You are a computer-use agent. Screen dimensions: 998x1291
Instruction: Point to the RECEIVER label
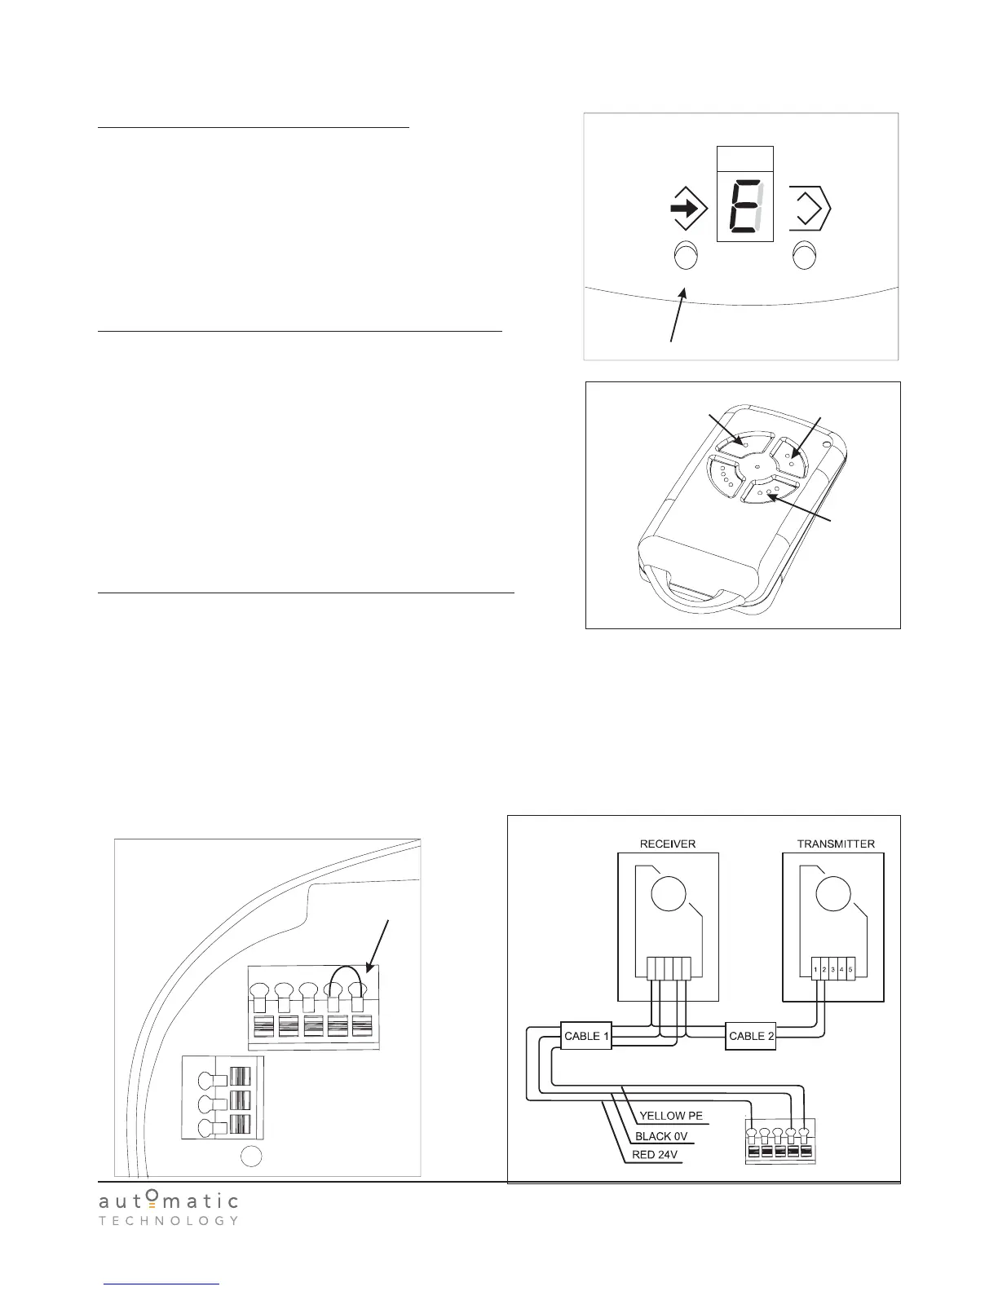click(x=668, y=844)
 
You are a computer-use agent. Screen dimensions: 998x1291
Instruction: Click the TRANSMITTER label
click(x=836, y=844)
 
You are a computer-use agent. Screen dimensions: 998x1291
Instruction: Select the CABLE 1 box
click(x=585, y=1036)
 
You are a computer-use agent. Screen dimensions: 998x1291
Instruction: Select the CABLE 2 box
click(x=750, y=1036)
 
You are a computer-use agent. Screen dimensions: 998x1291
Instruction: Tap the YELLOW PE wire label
click(x=670, y=1116)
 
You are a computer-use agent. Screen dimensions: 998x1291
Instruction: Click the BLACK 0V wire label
click(x=665, y=1135)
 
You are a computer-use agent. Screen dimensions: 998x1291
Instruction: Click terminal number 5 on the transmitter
click(x=850, y=970)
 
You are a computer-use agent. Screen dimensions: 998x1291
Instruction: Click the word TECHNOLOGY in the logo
click(x=169, y=1221)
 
